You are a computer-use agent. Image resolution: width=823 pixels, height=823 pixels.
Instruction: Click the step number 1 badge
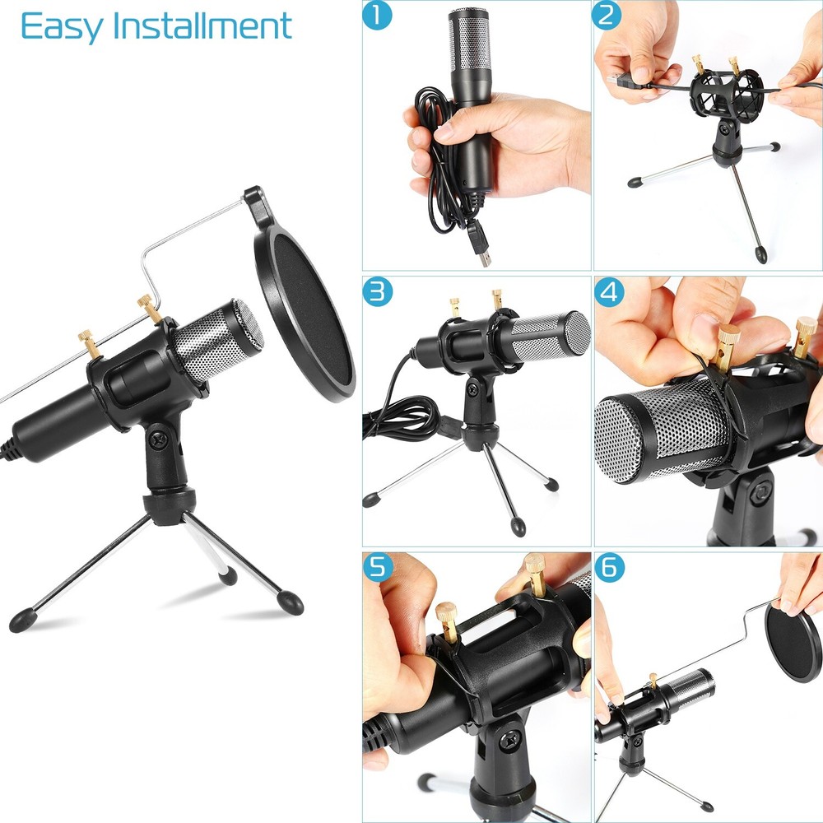[x=377, y=16]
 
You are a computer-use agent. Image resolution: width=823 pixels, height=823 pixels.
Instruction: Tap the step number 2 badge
[x=607, y=16]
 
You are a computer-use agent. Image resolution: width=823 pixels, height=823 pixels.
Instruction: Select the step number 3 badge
[x=377, y=291]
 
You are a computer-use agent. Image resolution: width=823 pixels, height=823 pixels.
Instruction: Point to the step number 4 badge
[x=607, y=291]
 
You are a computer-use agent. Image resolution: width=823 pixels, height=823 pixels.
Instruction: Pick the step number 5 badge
[x=377, y=566]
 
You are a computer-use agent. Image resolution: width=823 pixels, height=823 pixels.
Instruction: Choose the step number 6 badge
[x=607, y=566]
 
